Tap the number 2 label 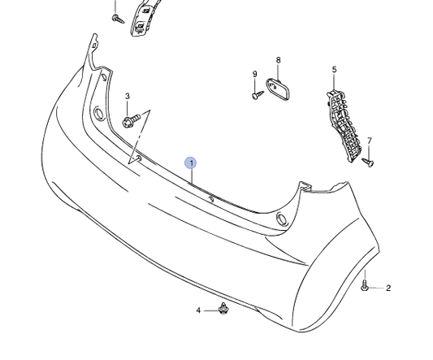(388, 288)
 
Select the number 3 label (127, 97)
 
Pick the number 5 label (334, 70)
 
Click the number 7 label (369, 141)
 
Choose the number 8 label (278, 60)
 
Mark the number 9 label (254, 75)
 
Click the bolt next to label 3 (132, 121)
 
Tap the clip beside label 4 (223, 309)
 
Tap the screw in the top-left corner (116, 17)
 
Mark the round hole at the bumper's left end (98, 113)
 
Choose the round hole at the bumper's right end (281, 219)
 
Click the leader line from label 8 (278, 71)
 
